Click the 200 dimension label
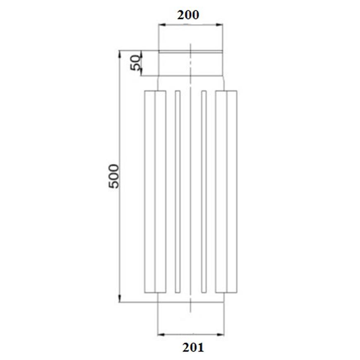(x=188, y=15)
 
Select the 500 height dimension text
(x=114, y=176)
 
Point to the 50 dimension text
(x=135, y=62)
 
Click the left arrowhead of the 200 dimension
(x=162, y=25)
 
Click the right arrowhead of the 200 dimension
(x=219, y=25)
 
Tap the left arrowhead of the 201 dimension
(x=161, y=334)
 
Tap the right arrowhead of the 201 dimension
(x=221, y=334)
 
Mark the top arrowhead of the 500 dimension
(x=120, y=54)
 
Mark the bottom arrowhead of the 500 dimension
(x=120, y=299)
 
